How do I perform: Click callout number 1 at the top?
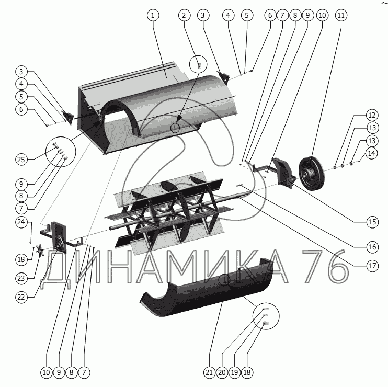coord(153,16)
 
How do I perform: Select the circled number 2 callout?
coord(184,16)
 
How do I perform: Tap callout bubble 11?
coord(341,16)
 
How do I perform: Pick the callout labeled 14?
coord(371,153)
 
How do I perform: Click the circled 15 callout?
coord(372,222)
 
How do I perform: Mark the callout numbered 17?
coord(372,266)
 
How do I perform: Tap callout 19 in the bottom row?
coord(234,372)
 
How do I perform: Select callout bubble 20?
coord(222,372)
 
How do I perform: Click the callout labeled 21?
coord(209,372)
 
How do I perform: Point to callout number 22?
coord(21,297)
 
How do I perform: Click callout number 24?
coord(21,222)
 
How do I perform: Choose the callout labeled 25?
coord(21,158)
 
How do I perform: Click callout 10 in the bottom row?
coord(46,372)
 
